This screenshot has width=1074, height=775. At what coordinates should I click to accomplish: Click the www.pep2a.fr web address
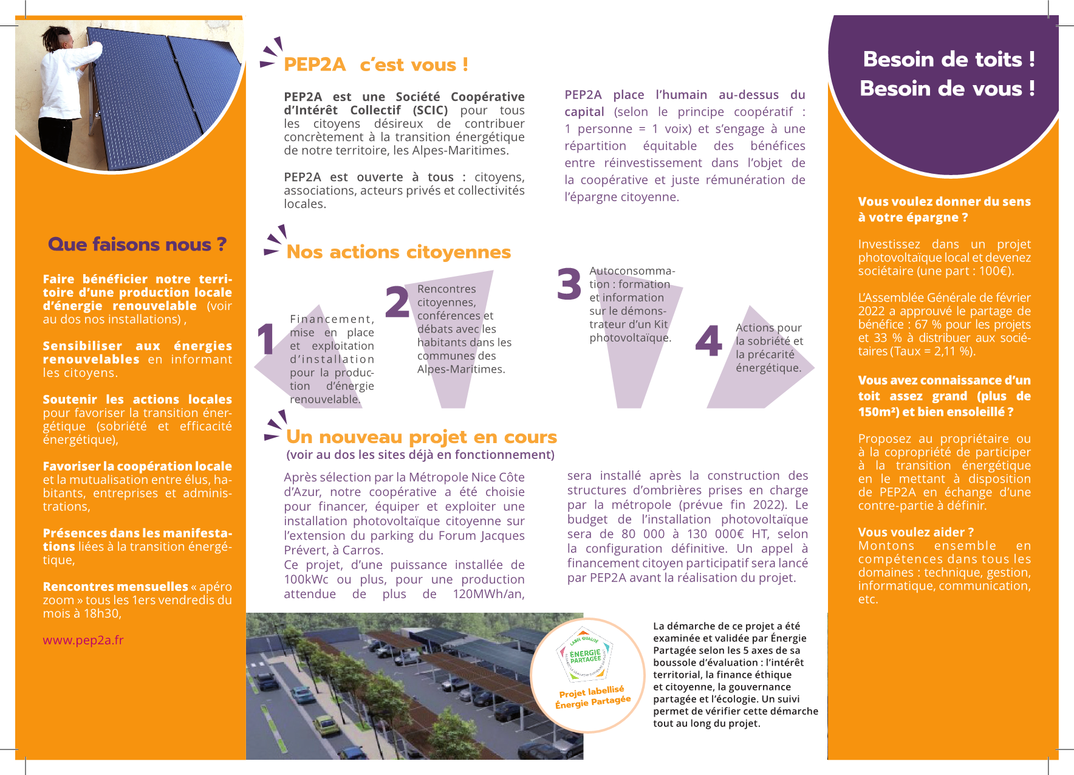pos(83,640)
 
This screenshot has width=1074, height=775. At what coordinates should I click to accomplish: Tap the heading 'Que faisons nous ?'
pos(137,244)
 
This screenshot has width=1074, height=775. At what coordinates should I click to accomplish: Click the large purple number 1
pos(266,339)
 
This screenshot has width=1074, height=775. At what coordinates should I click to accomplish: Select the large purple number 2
pos(397,302)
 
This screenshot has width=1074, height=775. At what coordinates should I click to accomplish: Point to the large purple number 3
pos(569,284)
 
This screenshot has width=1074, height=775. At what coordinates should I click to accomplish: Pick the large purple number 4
pos(708,341)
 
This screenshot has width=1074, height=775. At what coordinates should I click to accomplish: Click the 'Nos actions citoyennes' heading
pos(398,252)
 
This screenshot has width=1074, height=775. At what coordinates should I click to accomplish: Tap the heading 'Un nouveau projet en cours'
pos(421,437)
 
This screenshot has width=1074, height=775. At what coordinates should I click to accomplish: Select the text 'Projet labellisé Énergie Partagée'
pos(592,697)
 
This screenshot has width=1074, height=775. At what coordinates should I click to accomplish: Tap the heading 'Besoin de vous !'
pos(947,89)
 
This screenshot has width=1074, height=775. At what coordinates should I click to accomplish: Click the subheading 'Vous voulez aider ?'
pos(915,532)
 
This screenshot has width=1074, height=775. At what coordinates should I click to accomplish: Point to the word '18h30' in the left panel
pos(101,613)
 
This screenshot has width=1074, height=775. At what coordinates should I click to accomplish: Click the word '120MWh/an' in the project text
pos(488,594)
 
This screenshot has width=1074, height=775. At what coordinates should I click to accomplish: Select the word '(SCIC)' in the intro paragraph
pos(430,110)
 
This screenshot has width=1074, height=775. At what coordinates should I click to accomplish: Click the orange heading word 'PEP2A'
pos(314,64)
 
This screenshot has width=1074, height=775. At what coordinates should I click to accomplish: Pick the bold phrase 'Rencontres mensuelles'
pos(115,587)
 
